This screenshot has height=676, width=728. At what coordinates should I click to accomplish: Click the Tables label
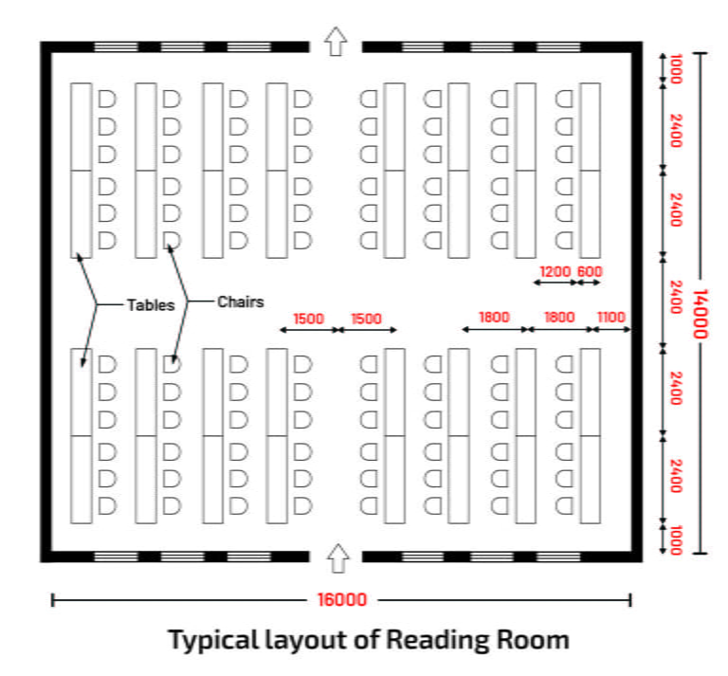151,304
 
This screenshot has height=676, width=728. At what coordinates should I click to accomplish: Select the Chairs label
240,302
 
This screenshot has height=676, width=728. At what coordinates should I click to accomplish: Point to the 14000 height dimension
702,302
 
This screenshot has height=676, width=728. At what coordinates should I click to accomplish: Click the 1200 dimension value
555,272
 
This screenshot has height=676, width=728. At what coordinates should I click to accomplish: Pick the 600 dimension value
590,272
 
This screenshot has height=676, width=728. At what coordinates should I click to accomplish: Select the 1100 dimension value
611,318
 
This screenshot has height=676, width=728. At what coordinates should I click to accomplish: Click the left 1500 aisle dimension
309,319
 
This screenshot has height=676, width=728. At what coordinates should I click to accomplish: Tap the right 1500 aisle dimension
366,319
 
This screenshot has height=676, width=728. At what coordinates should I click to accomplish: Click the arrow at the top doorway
336,42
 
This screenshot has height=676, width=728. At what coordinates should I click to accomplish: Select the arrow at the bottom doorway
336,558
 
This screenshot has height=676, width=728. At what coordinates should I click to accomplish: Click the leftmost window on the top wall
116,46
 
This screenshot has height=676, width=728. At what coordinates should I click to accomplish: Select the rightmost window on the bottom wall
559,557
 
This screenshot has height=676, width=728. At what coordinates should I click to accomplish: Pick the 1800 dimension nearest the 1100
558,318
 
